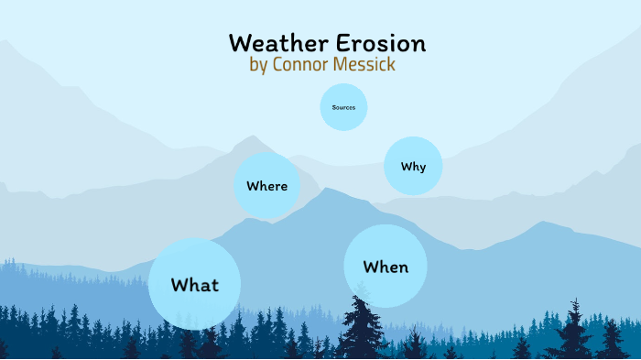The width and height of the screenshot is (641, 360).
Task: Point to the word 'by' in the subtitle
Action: pyautogui.click(x=259, y=66)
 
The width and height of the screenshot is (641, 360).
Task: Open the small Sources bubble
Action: pyautogui.click(x=343, y=107)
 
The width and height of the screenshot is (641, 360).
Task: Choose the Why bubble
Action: pyautogui.click(x=413, y=167)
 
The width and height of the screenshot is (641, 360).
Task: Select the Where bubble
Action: pyautogui.click(x=267, y=185)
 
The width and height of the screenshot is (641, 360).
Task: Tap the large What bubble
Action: pyautogui.click(x=194, y=284)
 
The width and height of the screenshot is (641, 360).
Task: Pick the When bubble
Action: pyautogui.click(x=386, y=267)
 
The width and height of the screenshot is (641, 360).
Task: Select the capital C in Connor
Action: pyautogui.click(x=279, y=65)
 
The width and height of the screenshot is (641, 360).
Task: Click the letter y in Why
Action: pyautogui.click(x=421, y=169)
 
